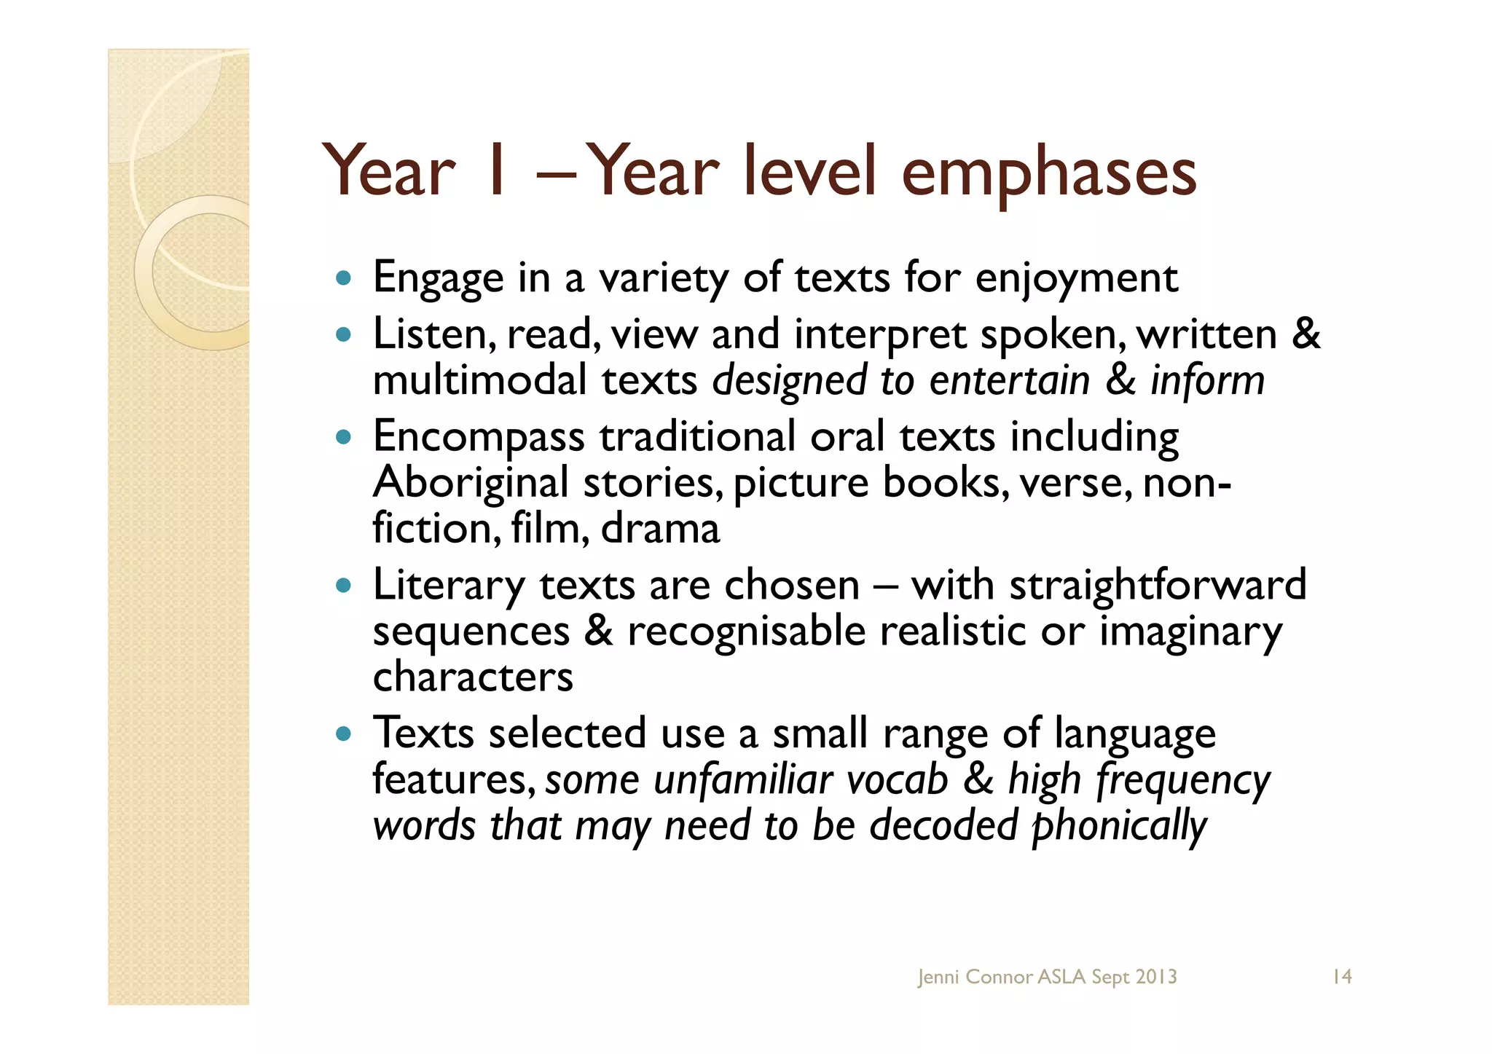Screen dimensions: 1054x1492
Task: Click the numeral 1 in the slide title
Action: pos(497,172)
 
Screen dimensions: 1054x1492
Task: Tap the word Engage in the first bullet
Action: pos(438,279)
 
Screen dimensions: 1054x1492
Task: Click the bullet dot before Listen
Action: pos(344,336)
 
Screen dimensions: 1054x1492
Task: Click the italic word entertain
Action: pos(1009,381)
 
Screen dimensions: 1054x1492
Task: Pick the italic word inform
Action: pos(1207,381)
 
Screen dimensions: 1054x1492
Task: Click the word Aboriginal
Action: pos(470,484)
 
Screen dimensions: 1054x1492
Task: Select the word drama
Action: pos(660,529)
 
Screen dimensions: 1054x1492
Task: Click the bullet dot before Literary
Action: pos(344,585)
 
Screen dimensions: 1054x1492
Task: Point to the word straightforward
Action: pos(1158,586)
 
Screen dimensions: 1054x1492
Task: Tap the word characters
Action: pos(473,677)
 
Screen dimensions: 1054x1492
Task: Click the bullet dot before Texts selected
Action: pos(344,734)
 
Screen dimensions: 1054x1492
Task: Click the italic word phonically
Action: pos(1120,826)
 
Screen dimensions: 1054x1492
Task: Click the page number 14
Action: pos(1342,977)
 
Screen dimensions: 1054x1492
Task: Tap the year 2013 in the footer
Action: pos(1155,977)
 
